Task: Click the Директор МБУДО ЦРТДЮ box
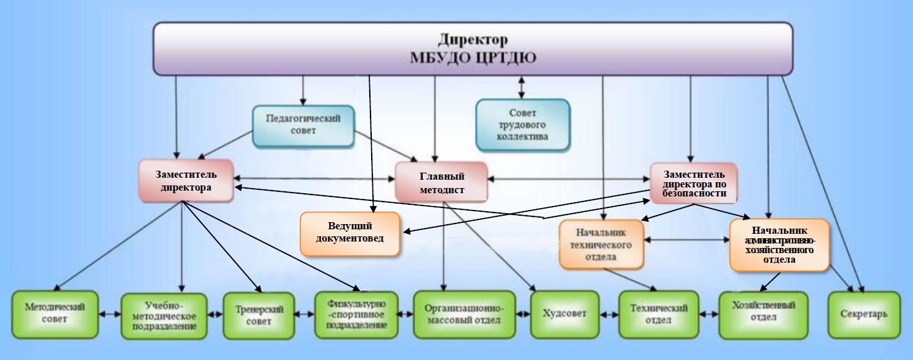[473, 48]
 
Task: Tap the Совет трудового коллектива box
[522, 124]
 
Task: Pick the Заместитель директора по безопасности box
[693, 182]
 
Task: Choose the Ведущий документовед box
[350, 233]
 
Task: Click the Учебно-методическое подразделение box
[164, 315]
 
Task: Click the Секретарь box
[863, 314]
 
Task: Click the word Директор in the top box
[473, 39]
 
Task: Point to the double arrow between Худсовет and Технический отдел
[608, 315]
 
